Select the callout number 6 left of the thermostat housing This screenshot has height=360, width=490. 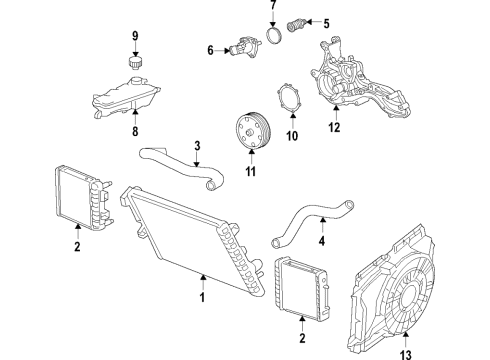pyautogui.click(x=212, y=47)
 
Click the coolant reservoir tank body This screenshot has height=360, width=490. pyautogui.click(x=131, y=97)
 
